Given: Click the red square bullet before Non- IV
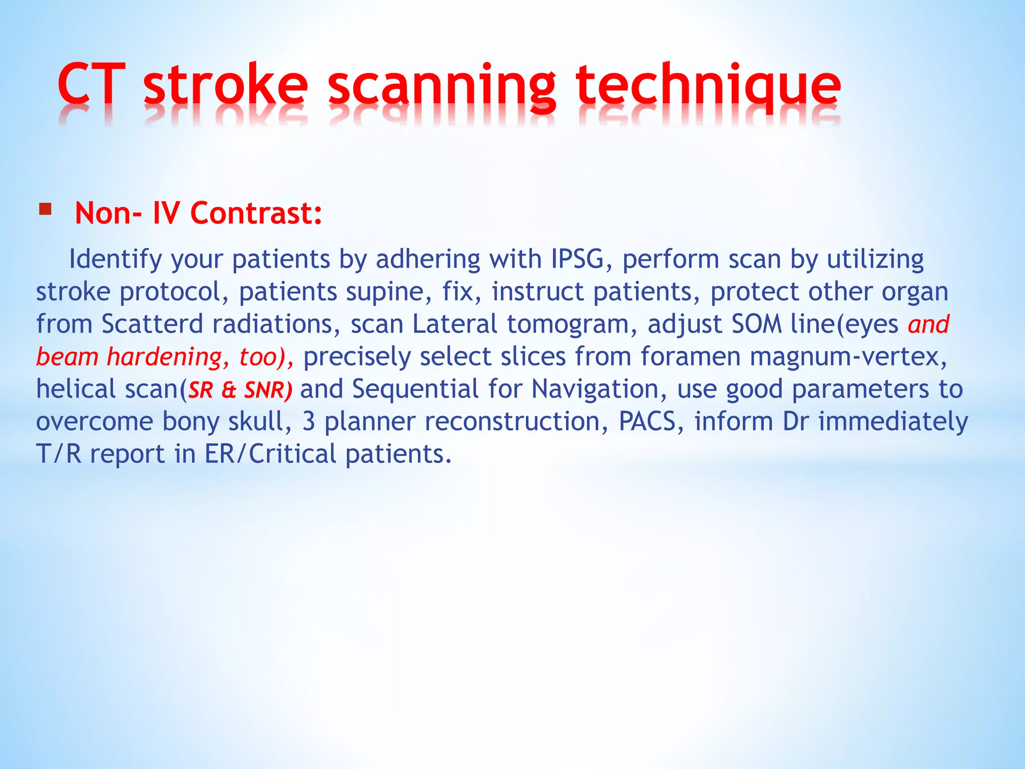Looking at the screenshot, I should [45, 209].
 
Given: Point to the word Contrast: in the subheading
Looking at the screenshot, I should [256, 213].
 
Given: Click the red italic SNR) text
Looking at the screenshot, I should [268, 390].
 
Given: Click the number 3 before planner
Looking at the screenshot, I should [309, 422].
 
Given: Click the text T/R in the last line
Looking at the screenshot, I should [59, 454].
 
